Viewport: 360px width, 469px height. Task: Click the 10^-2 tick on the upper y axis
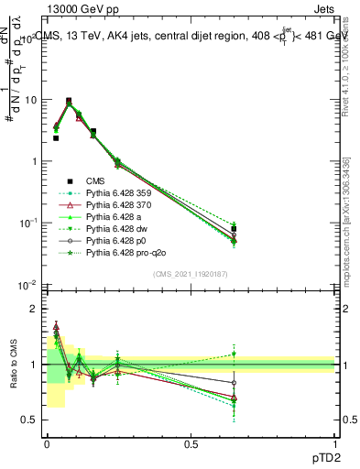pos(27,285)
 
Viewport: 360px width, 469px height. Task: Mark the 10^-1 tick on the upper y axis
pos(27,224)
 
